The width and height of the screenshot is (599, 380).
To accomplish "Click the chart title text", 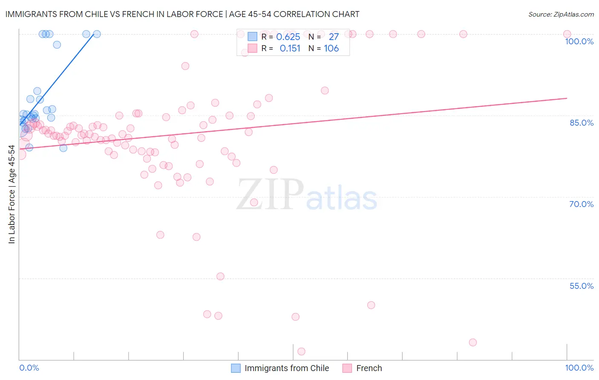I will coord(182,14).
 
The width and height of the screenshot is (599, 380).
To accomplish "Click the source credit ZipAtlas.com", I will coord(561,14).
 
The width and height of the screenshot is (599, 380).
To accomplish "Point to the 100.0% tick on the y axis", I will coord(579,41).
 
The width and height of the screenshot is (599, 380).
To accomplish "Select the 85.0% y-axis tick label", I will coord(581,123).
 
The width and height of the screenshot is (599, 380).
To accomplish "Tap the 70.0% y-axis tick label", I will coord(581,204).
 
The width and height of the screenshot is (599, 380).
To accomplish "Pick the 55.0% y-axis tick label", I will coord(581,286).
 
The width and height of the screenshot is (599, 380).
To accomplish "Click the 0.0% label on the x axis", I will coord(29,368).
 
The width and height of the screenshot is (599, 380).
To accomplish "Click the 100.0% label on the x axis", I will coord(579,368).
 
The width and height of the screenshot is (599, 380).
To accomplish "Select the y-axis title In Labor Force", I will coord(12,194).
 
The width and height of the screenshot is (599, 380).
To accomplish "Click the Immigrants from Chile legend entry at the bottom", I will coord(286,368).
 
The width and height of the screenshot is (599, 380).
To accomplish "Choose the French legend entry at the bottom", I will coord(369,368).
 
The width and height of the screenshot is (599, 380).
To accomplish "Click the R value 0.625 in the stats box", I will coord(288,37).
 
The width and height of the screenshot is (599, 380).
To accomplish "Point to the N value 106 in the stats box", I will coord(331,49).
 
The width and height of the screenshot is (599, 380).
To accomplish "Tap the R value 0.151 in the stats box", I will coord(290,49).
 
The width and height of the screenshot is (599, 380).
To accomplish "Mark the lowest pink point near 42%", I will coord(301,351).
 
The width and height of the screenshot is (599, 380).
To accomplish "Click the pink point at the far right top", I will coord(567,34).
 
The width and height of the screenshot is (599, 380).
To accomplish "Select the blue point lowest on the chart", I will coord(63,148).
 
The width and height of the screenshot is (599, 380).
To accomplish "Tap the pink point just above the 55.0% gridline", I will coord(220,276).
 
